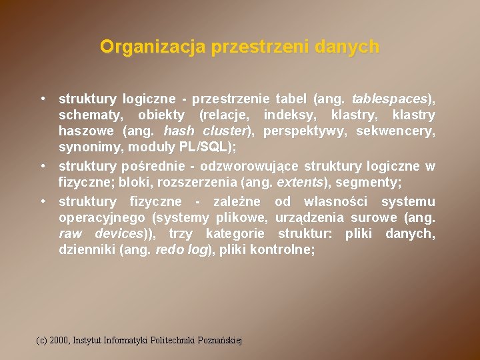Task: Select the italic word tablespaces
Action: [389, 99]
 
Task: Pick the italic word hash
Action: [178, 131]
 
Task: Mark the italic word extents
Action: [299, 182]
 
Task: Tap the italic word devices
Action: [119, 233]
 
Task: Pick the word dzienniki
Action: [85, 250]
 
